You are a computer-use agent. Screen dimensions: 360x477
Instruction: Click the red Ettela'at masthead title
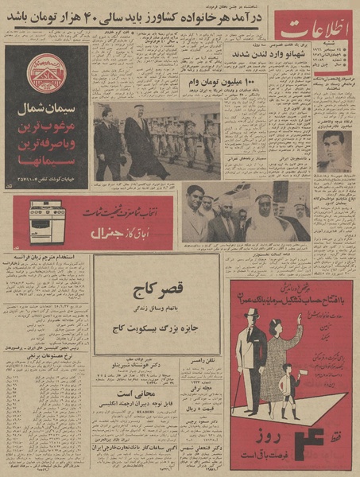(315, 34)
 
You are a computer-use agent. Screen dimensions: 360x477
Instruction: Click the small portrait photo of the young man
(334, 150)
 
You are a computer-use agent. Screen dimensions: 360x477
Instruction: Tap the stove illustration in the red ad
(47, 223)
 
